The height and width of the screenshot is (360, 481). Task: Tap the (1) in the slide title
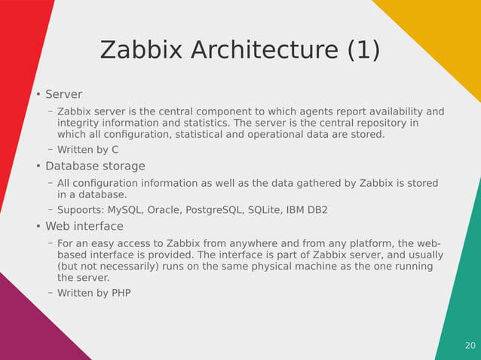pyautogui.click(x=363, y=50)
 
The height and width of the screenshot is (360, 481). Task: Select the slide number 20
pyautogui.click(x=470, y=346)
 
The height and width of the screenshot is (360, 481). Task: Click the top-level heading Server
pyautogui.click(x=63, y=94)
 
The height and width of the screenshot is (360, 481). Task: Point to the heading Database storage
pyautogui.click(x=95, y=166)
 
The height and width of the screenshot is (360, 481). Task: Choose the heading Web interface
pyautogui.click(x=84, y=226)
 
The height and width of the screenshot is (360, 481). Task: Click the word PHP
pyautogui.click(x=121, y=293)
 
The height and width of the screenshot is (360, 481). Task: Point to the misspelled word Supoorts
pyautogui.click(x=81, y=210)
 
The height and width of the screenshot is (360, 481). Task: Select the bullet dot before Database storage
pyautogui.click(x=38, y=166)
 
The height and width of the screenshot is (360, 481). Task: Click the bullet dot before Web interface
pyautogui.click(x=38, y=227)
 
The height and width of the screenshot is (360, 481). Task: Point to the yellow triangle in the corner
pyautogui.click(x=445, y=30)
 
